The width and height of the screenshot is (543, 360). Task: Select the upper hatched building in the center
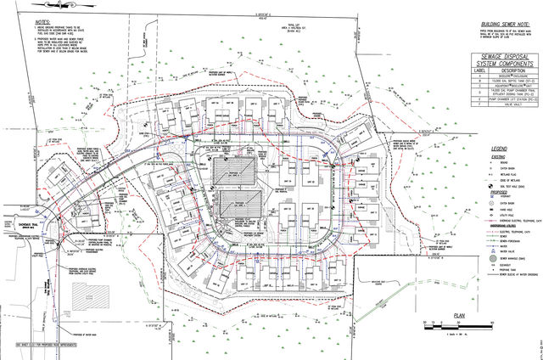[x=236, y=169]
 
